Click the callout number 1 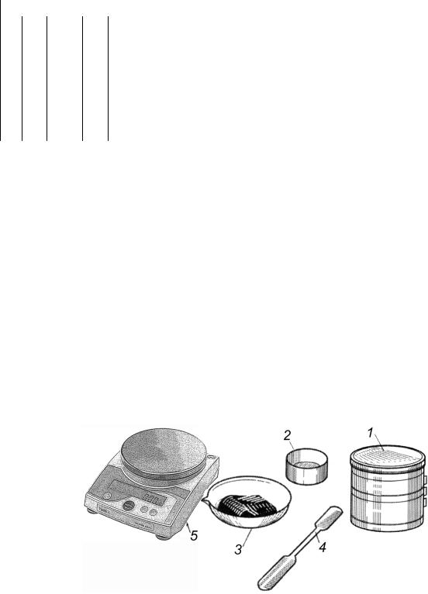pos(371,433)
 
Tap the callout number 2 pos(287,436)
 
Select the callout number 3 pos(238,549)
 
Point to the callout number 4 pos(322,548)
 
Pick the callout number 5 pos(194,536)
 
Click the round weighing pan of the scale pos(164,453)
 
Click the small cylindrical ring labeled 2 pos(306,467)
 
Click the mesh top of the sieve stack pos(386,456)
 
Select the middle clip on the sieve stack pos(425,491)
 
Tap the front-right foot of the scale pos(163,537)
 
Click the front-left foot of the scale pos(91,511)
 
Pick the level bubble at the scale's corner pos(212,457)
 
